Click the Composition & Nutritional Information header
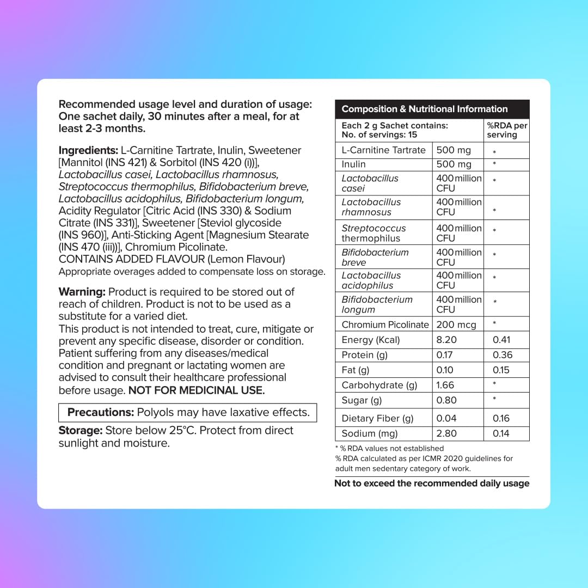coord(424,109)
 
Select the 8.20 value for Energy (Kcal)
coord(446,340)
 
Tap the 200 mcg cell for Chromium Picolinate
coord(456,324)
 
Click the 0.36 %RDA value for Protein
coord(502,355)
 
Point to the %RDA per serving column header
coord(507,130)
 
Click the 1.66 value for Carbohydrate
coord(446,385)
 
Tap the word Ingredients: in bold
coord(88,150)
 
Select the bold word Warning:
coord(82,292)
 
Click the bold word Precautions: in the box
coord(100,412)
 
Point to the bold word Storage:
coord(81,430)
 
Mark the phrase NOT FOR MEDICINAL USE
coord(196,390)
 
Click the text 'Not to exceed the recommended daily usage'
coord(431,483)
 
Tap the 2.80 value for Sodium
coord(446,433)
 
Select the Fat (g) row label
coord(355,370)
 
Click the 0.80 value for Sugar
coord(446,400)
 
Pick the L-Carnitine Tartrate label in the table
coord(383,150)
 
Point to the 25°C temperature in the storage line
coord(182,430)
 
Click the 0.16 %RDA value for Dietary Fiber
coord(501,418)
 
